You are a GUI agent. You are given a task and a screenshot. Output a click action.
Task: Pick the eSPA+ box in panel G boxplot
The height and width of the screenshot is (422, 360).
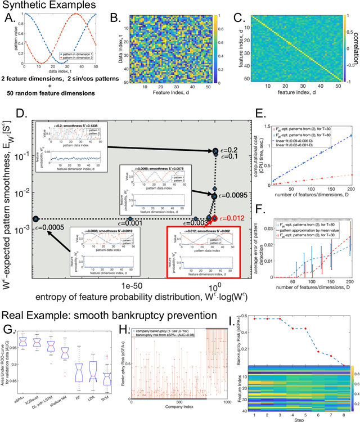click(x=21, y=341)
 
